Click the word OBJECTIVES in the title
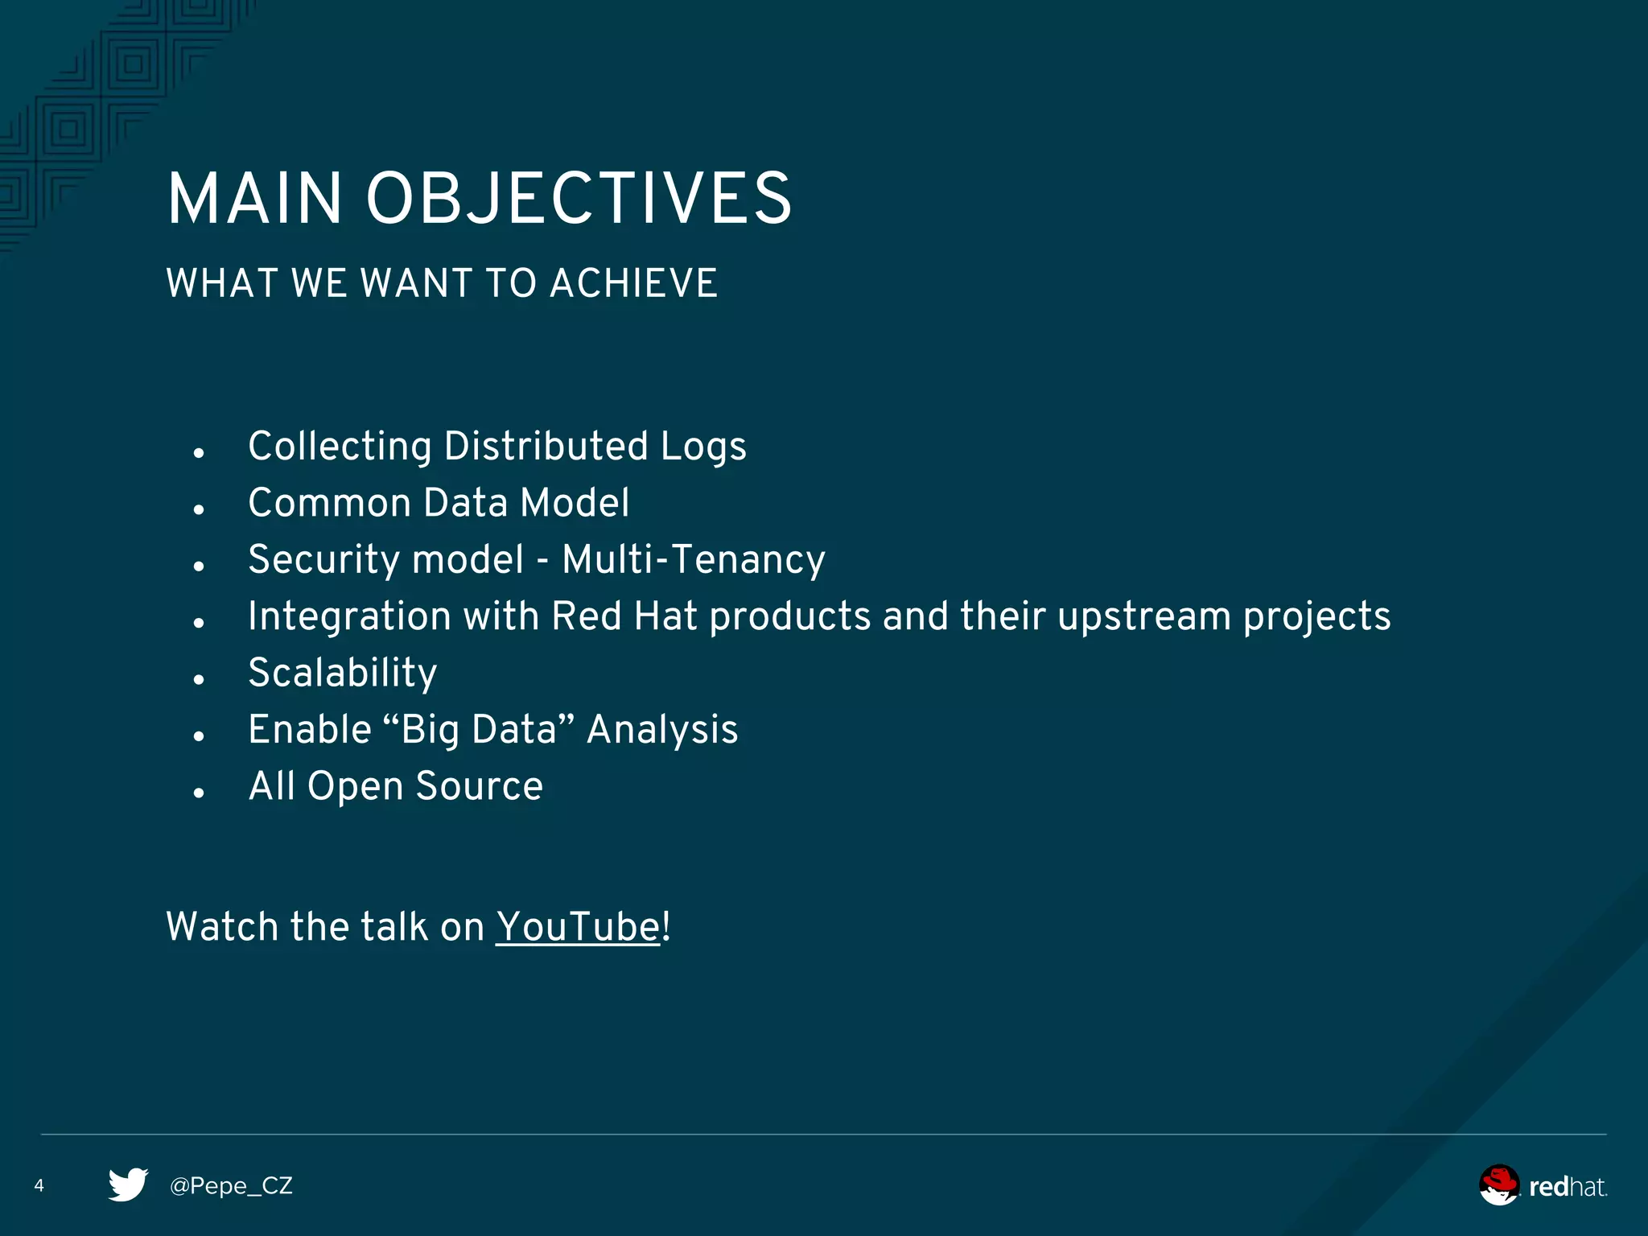tap(579, 199)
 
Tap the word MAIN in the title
tap(255, 199)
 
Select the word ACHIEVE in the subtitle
tap(633, 283)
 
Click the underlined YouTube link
tap(578, 926)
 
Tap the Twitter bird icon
tap(128, 1184)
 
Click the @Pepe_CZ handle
tap(231, 1185)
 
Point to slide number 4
tap(39, 1185)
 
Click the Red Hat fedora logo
tap(1499, 1184)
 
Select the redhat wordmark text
tap(1567, 1187)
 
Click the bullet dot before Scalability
tap(199, 679)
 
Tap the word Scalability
tap(343, 673)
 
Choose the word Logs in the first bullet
tap(703, 447)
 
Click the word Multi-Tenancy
tap(694, 559)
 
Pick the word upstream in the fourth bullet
tap(1143, 617)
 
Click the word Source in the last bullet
tap(480, 786)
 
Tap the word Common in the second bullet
tap(330, 503)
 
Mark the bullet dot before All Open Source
tap(199, 793)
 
